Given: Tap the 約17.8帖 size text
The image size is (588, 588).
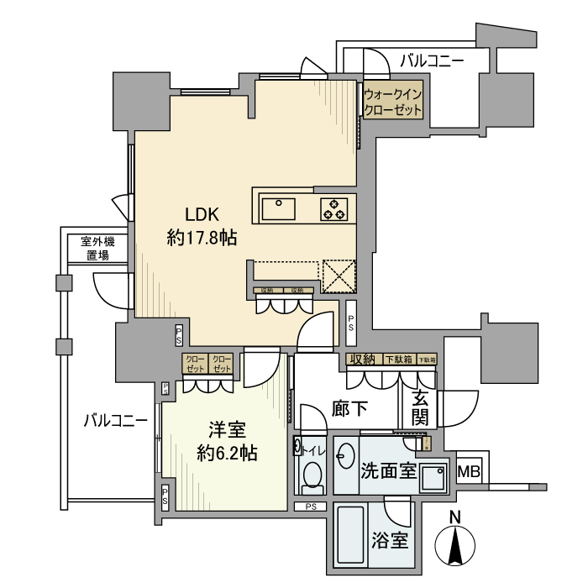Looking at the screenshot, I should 202,238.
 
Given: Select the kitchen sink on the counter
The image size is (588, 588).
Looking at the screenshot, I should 277,207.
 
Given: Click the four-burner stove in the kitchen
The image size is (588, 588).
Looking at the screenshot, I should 334,207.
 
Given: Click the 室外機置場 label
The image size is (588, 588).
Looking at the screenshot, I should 98,249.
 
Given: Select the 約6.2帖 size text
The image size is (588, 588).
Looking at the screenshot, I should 226,454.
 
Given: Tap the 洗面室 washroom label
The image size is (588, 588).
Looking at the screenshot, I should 390,470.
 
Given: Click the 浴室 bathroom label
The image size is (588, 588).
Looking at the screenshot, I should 390,540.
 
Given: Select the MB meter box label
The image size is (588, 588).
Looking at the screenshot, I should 470,472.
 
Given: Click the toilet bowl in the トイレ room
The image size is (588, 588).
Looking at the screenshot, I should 312,475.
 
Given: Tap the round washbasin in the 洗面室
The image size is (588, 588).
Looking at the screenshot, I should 345,459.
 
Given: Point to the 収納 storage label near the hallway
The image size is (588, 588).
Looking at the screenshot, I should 363,360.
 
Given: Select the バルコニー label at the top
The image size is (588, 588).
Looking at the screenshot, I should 432,60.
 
